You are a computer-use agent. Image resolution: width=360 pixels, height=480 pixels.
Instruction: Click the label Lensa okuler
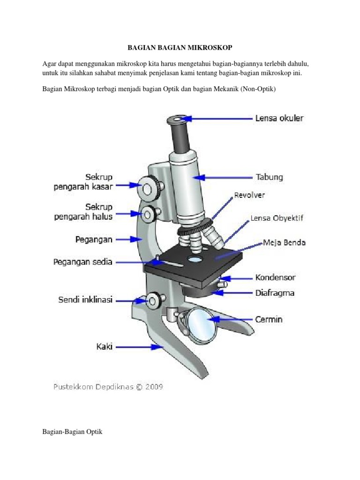point(279,119)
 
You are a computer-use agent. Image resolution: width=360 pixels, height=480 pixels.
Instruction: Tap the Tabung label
point(269,178)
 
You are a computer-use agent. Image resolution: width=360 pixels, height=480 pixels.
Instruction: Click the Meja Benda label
point(284,243)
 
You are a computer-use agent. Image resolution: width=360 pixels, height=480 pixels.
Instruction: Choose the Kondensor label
point(275,277)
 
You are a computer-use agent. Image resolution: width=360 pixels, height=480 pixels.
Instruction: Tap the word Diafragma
point(275,293)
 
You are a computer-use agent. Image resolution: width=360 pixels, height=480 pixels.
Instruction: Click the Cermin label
point(269,320)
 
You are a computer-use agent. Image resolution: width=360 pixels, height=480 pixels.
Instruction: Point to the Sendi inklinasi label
point(85,300)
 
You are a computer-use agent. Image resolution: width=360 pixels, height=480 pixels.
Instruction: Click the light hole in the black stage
point(195,258)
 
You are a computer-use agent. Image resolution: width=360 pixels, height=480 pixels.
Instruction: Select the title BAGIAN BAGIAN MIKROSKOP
point(180,48)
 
